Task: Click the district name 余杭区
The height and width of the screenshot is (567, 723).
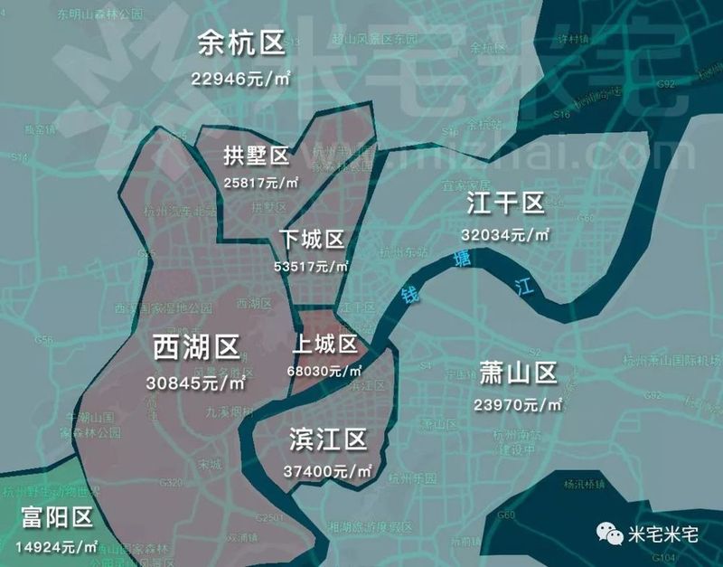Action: coord(241,42)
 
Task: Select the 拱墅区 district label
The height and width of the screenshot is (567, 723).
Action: coord(257,156)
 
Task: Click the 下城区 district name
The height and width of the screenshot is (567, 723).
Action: coord(312,240)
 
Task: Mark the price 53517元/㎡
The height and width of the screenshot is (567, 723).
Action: coord(312,267)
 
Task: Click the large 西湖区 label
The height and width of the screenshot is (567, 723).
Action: coord(196,346)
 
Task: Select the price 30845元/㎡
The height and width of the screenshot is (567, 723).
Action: coord(196,383)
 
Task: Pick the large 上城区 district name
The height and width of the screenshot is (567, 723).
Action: coord(325,345)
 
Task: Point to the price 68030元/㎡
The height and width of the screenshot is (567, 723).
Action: coord(326,371)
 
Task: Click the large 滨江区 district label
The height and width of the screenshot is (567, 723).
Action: coord(328,440)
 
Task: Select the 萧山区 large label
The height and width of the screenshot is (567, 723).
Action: coord(518,373)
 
